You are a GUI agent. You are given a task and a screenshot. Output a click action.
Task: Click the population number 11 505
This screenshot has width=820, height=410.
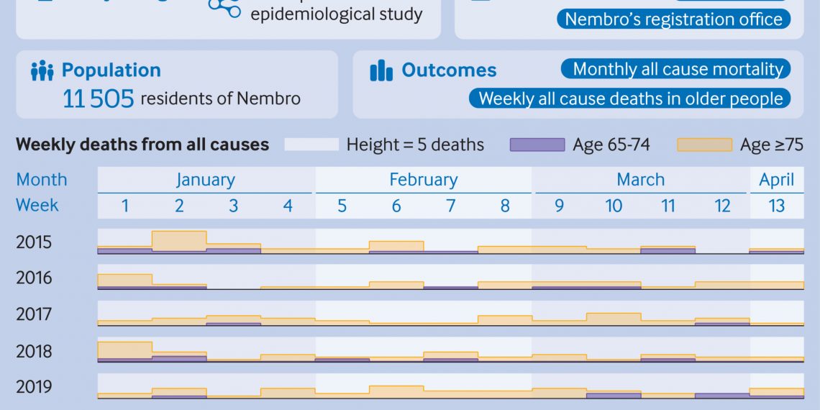pyautogui.click(x=99, y=99)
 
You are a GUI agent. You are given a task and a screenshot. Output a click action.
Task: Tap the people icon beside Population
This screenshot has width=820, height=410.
pyautogui.click(x=42, y=70)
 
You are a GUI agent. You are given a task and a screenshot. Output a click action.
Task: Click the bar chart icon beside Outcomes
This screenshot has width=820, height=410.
pyautogui.click(x=381, y=70)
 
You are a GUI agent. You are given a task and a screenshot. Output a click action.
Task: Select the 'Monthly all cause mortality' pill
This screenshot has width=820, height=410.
pyautogui.click(x=675, y=69)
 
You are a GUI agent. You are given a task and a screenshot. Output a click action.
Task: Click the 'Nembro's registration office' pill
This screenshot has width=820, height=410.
pyautogui.click(x=673, y=19)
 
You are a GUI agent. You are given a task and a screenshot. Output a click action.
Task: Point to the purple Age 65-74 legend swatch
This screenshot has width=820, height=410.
pyautogui.click(x=537, y=145)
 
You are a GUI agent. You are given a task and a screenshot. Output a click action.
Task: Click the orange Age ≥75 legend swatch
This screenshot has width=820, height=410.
pyautogui.click(x=704, y=145)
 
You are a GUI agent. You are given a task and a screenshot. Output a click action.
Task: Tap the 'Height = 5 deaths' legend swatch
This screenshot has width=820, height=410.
pyautogui.click(x=311, y=145)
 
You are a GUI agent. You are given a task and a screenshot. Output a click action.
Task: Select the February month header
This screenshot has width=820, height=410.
pyautogui.click(x=423, y=180)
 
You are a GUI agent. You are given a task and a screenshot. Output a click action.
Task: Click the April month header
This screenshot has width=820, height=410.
pyautogui.click(x=776, y=180)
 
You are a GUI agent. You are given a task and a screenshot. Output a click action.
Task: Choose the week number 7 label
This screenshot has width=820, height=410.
pyautogui.click(x=450, y=206)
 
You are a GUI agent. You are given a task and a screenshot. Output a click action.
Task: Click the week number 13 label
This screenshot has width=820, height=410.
pyautogui.click(x=776, y=206)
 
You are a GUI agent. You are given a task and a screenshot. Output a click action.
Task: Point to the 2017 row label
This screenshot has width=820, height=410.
pyautogui.click(x=34, y=314)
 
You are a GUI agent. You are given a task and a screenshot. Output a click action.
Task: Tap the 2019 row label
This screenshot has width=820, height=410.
pyautogui.click(x=34, y=387)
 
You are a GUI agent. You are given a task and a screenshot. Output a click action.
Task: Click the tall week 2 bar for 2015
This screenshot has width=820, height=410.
pyautogui.click(x=179, y=241)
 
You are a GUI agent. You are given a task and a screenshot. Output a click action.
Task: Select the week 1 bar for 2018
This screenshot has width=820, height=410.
pyautogui.click(x=124, y=350)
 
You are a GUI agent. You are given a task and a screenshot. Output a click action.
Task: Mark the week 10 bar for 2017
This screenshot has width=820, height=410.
pyautogui.click(x=614, y=319)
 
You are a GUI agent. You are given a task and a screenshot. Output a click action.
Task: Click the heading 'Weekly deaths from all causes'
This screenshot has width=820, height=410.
pyautogui.click(x=142, y=145)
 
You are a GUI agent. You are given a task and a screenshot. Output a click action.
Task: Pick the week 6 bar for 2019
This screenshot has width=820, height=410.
pyautogui.click(x=396, y=391)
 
